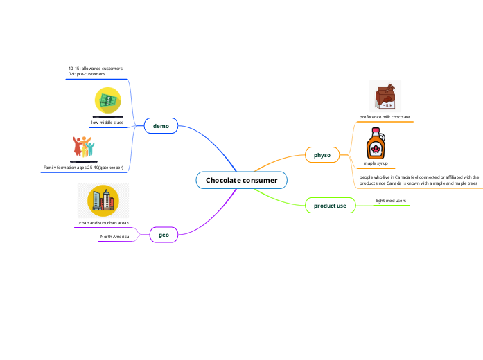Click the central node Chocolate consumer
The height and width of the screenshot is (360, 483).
[x=241, y=181]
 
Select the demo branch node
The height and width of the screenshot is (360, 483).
[x=161, y=126]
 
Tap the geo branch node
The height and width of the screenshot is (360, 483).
[x=164, y=235]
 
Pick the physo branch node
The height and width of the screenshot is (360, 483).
[x=322, y=155]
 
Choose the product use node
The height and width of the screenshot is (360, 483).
[x=330, y=206]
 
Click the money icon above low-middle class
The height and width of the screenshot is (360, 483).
[x=107, y=101]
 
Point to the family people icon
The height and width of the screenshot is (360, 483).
[x=83, y=147]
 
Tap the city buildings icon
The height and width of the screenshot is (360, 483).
[x=103, y=201]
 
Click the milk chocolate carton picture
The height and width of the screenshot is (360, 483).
[x=385, y=96]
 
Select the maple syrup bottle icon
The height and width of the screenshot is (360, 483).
[x=376, y=145]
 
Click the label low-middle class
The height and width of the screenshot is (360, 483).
[x=107, y=123]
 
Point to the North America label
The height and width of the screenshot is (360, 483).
[x=114, y=237]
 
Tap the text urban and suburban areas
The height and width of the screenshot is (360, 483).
[x=103, y=223]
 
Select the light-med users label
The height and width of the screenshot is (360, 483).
[x=391, y=201]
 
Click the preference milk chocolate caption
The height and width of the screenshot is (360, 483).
[x=385, y=117]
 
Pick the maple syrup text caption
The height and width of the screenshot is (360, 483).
[x=376, y=163]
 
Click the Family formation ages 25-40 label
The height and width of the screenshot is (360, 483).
[x=83, y=168]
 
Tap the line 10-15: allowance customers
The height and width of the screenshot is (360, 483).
[x=96, y=69]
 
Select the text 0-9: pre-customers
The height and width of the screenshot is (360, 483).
[x=82, y=74]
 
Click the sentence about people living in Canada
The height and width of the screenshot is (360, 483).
[x=419, y=181]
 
